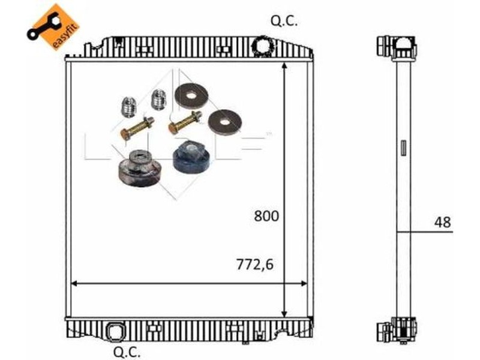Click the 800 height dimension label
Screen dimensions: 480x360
pos(266,216)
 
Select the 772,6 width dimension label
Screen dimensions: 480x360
pos(254,265)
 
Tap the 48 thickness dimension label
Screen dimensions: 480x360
pos(442,222)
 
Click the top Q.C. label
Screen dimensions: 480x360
pos(284,22)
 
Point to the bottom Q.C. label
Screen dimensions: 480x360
pos(127,352)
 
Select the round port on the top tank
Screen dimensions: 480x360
pos(262,45)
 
